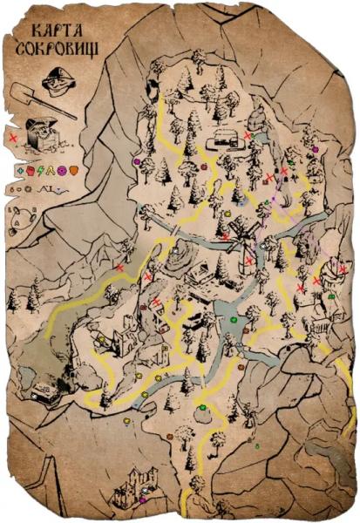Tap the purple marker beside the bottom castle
143,500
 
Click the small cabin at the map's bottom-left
46,391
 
